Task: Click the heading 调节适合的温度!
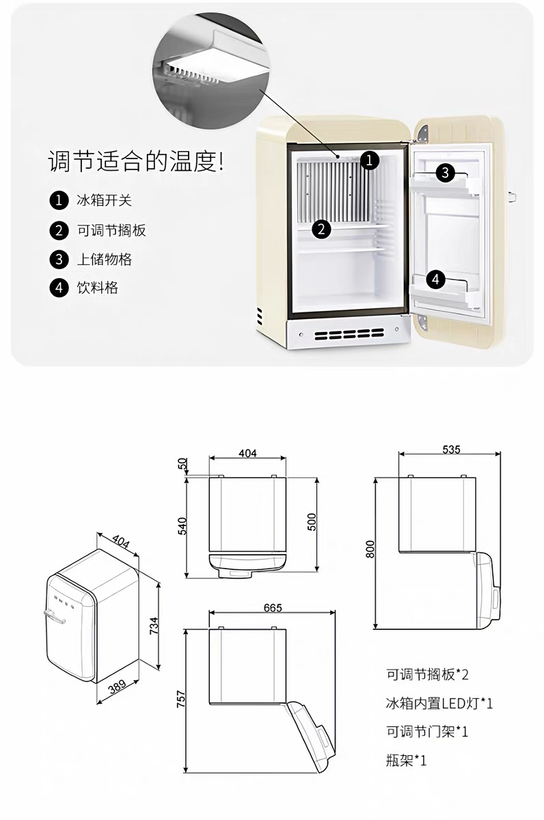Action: click(136, 163)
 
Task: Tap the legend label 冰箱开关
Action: click(104, 201)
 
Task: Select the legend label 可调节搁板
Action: click(111, 230)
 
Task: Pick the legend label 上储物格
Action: click(104, 259)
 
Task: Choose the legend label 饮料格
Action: click(97, 288)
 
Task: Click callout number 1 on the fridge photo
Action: click(369, 161)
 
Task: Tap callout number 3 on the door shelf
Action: click(445, 173)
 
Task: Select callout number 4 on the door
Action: click(437, 279)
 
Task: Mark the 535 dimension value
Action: click(451, 449)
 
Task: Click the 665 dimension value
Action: click(272, 607)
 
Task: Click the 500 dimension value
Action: click(312, 522)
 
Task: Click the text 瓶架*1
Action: click(406, 761)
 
